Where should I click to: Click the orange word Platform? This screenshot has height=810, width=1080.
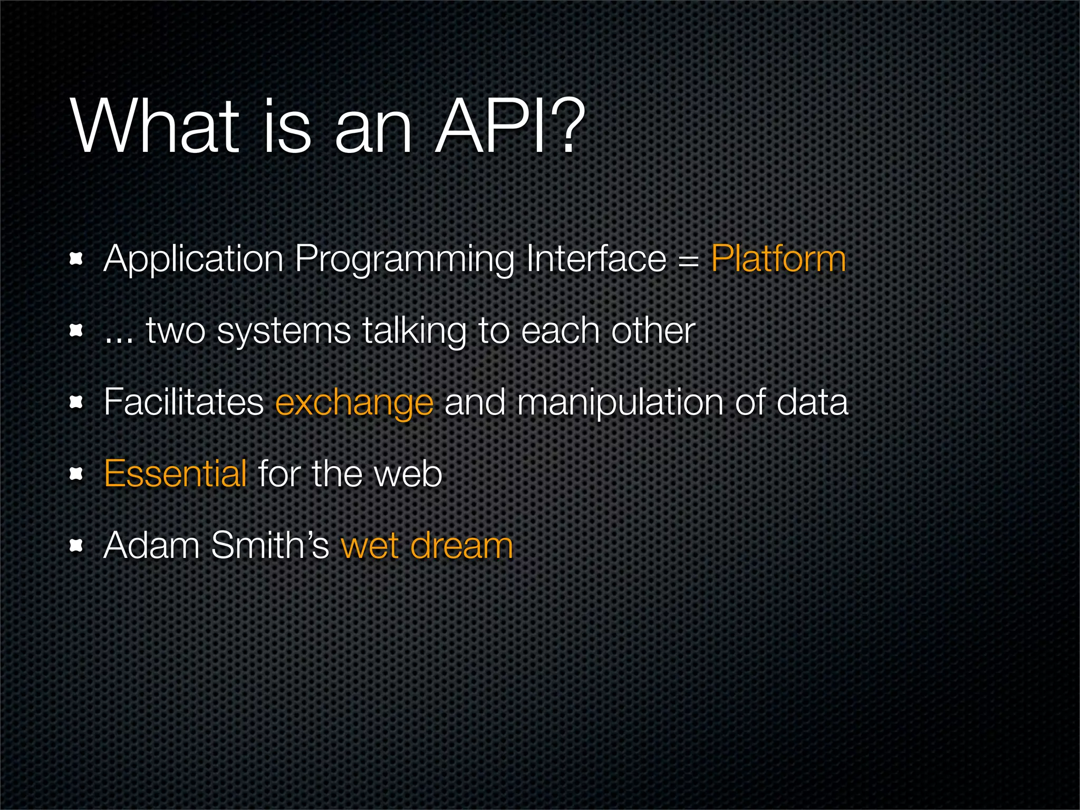click(778, 259)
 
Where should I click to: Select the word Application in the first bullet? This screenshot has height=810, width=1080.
click(194, 259)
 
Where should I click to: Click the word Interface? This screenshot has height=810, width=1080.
click(596, 259)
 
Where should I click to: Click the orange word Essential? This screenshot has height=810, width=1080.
click(176, 474)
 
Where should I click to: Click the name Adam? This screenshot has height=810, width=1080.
click(152, 545)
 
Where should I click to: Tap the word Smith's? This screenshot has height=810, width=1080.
click(270, 545)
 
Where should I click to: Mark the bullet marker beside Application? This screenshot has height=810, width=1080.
click(77, 259)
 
